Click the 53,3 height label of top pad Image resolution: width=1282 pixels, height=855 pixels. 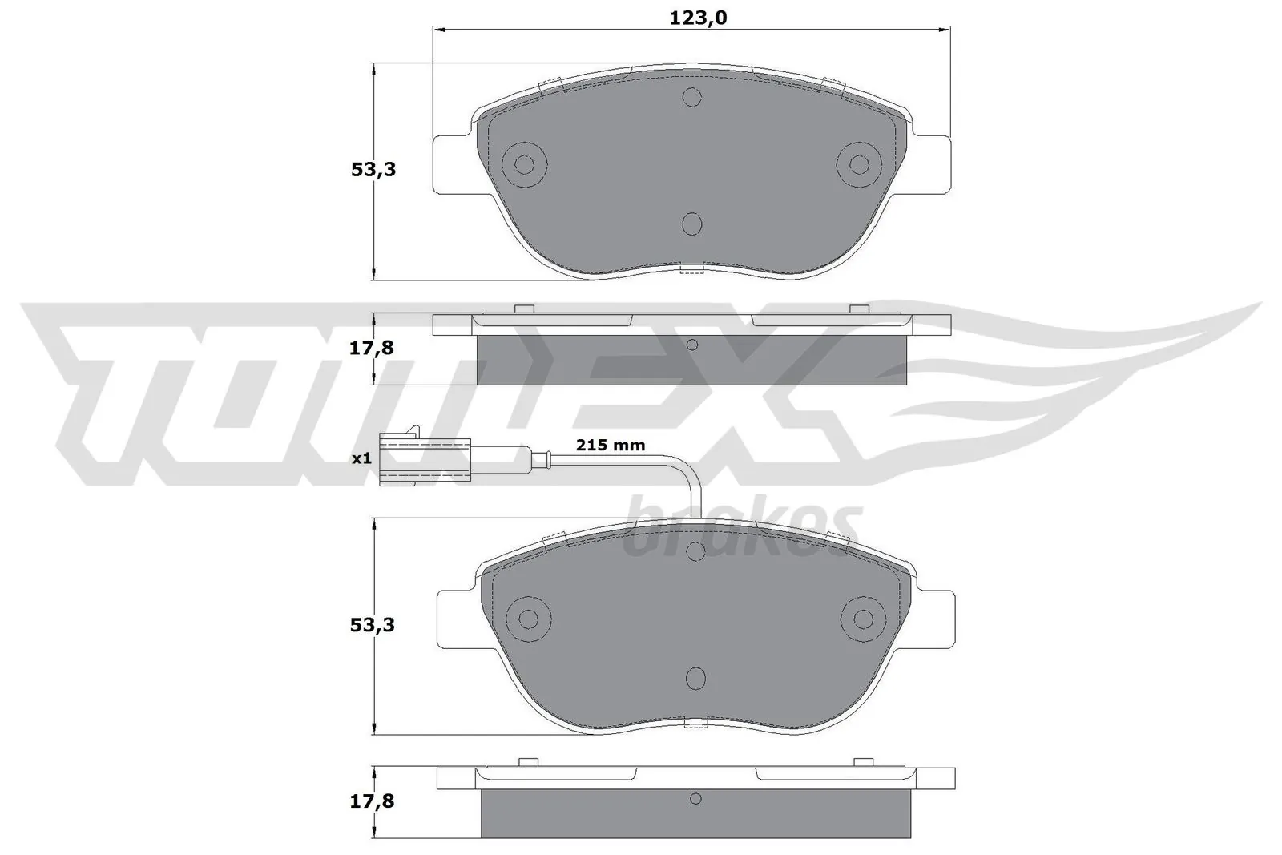click(x=373, y=169)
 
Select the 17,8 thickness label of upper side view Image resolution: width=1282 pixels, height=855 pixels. click(x=373, y=348)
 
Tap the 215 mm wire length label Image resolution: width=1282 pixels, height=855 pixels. click(x=611, y=445)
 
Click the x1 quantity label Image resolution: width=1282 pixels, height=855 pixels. click(x=362, y=458)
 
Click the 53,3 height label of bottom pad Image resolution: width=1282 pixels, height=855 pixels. click(x=373, y=624)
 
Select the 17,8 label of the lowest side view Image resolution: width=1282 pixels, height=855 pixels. click(x=373, y=801)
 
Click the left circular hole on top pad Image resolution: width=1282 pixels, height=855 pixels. click(x=524, y=164)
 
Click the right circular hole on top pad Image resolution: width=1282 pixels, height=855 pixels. click(x=859, y=164)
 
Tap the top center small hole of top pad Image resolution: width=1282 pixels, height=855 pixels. click(x=691, y=97)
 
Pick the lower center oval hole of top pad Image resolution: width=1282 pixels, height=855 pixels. click(x=691, y=224)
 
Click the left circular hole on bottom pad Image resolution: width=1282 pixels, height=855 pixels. click(x=528, y=619)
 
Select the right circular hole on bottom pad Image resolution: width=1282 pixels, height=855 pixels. click(x=863, y=619)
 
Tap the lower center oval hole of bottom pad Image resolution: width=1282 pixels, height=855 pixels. click(x=695, y=678)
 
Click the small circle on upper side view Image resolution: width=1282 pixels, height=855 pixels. click(x=692, y=345)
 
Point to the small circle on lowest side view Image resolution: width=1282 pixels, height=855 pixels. click(x=695, y=799)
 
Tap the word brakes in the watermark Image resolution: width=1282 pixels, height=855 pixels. click(x=741, y=530)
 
